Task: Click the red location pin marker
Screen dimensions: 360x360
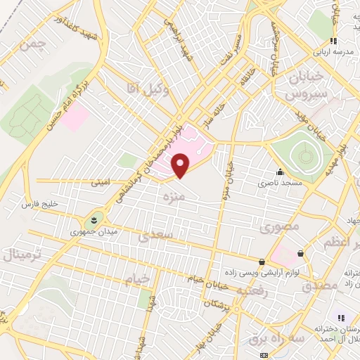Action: point(181,166)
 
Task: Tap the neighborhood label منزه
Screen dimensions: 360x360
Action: point(173,199)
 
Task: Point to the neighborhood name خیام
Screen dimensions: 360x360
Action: point(137,280)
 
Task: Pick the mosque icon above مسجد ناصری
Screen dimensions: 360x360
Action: point(281,172)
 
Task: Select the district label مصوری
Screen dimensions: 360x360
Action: point(280,227)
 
